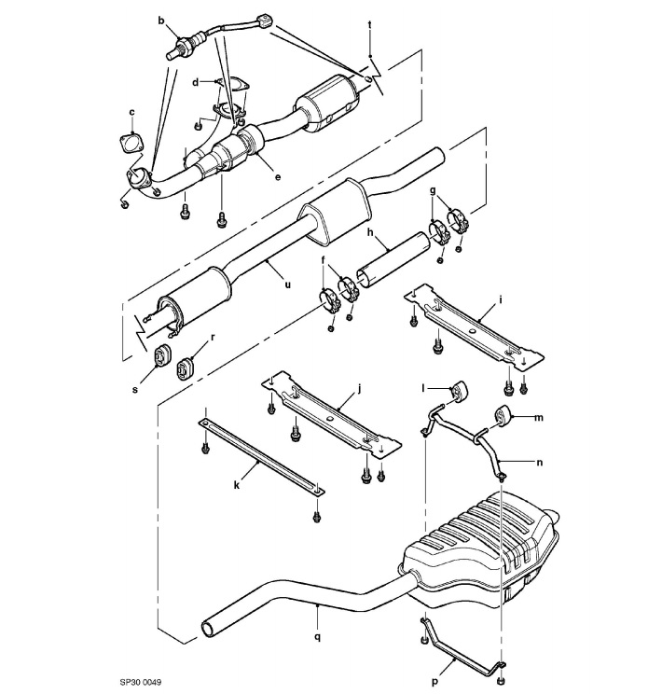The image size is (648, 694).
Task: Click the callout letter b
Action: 160,20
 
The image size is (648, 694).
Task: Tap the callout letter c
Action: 131,112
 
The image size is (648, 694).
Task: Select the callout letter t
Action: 370,22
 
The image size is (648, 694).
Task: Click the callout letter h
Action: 369,233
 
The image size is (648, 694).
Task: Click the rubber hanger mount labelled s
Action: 161,355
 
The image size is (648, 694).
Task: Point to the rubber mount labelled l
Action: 459,391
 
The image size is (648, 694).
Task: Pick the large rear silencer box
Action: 480,550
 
